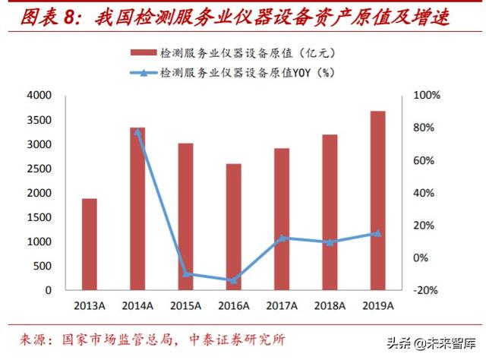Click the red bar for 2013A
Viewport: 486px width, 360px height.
point(90,244)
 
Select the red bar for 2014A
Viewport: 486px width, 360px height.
point(137,208)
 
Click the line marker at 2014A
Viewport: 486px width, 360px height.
point(137,132)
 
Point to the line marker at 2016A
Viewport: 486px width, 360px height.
point(233,280)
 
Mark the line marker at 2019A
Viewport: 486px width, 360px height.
point(377,233)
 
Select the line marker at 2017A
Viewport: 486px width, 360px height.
point(282,238)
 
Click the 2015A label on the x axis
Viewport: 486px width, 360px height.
point(185,305)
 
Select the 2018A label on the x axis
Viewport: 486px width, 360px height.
point(330,305)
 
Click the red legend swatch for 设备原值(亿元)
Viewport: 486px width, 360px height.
point(143,53)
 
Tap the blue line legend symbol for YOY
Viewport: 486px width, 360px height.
point(143,73)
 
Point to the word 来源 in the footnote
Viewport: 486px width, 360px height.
point(32,339)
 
